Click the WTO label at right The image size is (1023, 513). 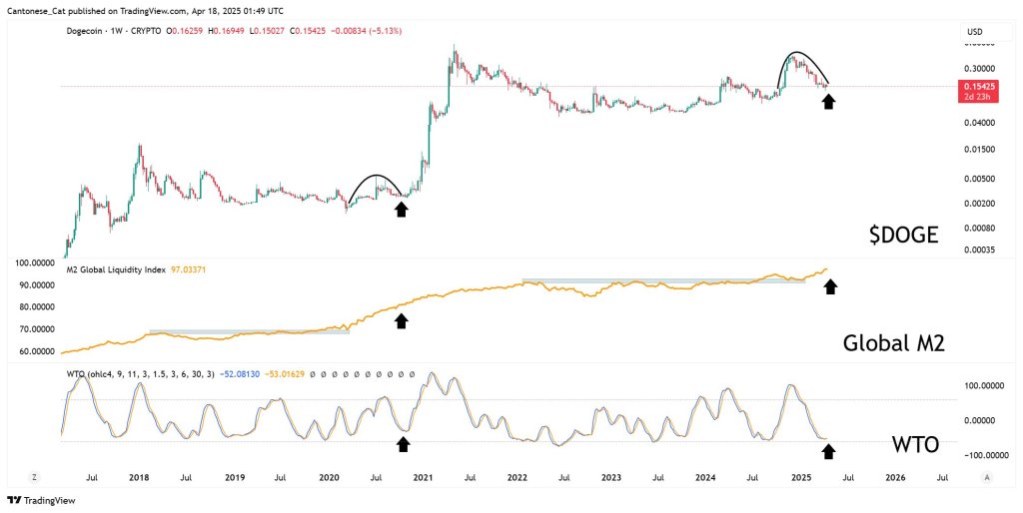(914, 445)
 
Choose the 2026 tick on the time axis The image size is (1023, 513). (895, 478)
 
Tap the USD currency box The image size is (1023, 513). (975, 33)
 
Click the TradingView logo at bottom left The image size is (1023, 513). (32, 500)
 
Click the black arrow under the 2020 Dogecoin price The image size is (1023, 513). (402, 208)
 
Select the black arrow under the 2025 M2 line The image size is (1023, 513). (828, 287)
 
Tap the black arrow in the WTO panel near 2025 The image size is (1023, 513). (828, 452)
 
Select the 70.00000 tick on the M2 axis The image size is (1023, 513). (29, 329)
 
